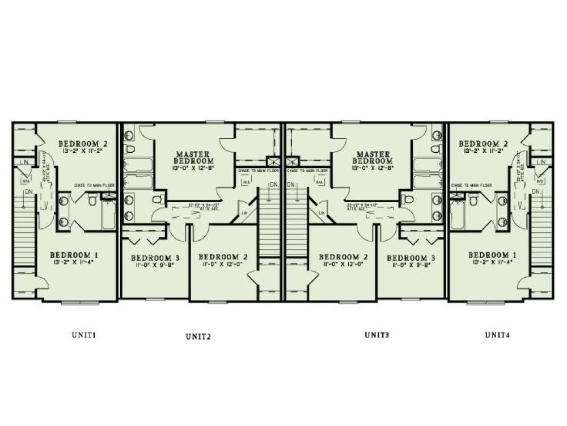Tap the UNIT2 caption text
(198, 336)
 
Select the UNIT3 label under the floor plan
(376, 335)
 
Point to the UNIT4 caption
(497, 335)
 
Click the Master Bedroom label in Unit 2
(193, 157)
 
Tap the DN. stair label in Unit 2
(273, 185)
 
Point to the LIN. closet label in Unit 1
(23, 162)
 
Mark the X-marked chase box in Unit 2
(272, 161)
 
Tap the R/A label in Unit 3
(319, 182)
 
